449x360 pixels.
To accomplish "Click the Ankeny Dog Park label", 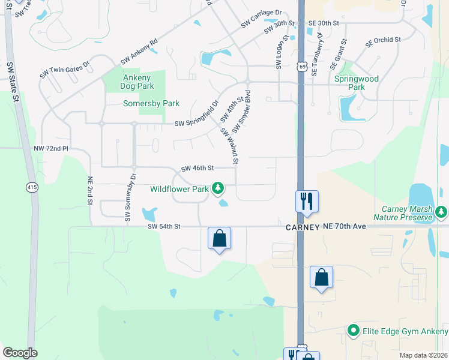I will pos(138,82).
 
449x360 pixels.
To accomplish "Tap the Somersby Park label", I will pos(151,103).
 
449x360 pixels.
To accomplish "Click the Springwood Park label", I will pos(356,83).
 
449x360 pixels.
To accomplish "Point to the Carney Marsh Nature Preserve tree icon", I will pos(441,212).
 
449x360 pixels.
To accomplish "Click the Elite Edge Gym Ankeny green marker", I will pos(353,331).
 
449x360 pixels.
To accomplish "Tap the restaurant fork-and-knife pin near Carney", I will pos(307,202).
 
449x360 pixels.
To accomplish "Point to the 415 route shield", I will pos(31,188).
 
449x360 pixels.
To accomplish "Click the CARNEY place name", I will pos(302,227).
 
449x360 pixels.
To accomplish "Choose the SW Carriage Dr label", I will pos(261,18).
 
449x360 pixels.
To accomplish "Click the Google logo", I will pos(20,353).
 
